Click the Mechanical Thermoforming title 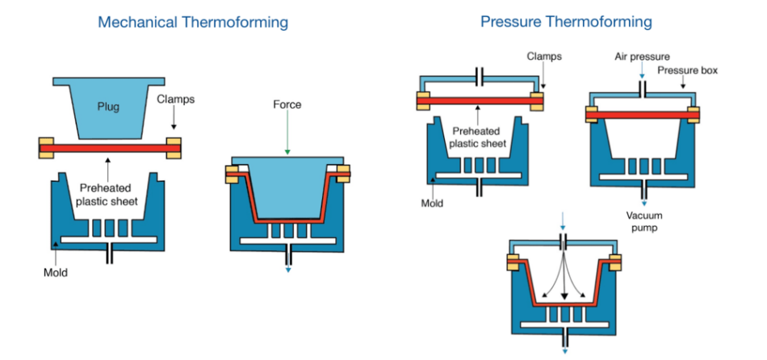192,22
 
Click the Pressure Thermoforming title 566,22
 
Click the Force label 287,104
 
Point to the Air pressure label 643,57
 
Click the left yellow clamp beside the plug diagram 45,147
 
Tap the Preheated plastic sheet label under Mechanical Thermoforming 107,195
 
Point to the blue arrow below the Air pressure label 643,73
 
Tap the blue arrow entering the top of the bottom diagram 565,222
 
